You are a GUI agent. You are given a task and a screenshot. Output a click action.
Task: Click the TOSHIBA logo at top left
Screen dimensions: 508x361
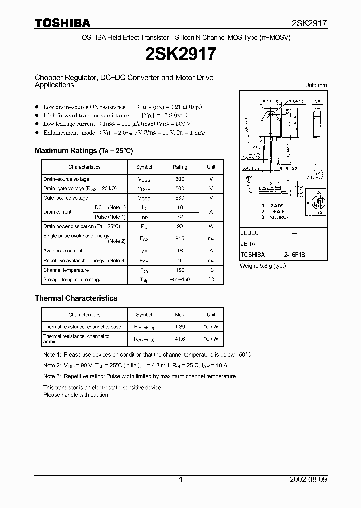click(x=62, y=23)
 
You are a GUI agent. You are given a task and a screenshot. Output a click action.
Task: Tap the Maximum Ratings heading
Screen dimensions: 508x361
click(x=84, y=151)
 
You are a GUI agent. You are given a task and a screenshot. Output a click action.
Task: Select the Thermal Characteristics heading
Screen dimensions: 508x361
click(x=76, y=298)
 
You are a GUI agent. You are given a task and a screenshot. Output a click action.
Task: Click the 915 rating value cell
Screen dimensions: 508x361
click(x=179, y=239)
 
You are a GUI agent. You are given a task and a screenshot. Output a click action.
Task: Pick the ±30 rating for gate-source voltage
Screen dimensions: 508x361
click(x=179, y=198)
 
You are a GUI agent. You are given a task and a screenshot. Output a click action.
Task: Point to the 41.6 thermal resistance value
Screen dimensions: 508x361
click(x=179, y=339)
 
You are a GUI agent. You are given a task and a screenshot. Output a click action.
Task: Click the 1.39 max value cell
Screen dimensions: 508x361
click(x=179, y=327)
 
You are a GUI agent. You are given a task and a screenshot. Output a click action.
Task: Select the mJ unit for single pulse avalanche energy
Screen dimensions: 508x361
click(x=211, y=239)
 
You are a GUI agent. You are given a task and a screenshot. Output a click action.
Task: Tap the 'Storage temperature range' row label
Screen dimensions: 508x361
click(x=72, y=280)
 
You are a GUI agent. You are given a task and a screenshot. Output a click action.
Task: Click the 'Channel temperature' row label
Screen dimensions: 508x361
click(x=66, y=270)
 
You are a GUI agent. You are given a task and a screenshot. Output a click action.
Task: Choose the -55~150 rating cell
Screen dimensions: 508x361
click(x=179, y=280)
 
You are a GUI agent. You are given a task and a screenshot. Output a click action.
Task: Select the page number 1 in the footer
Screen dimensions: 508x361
click(x=180, y=480)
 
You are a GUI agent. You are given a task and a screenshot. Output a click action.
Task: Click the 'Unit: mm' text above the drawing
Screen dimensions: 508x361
click(x=316, y=86)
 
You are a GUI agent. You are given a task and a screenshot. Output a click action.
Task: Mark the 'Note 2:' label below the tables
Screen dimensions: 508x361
click(x=52, y=366)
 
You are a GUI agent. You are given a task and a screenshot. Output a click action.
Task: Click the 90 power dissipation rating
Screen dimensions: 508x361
click(x=179, y=226)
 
